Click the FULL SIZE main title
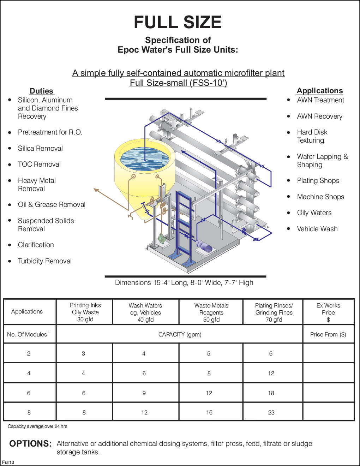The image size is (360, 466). (x=178, y=22)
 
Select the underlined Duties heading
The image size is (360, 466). (x=41, y=91)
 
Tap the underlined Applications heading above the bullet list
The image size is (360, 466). (x=320, y=90)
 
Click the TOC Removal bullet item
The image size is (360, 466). (x=39, y=164)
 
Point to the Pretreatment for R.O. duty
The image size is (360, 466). (x=50, y=132)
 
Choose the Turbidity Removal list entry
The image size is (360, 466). (x=45, y=261)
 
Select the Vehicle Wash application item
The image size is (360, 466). (x=317, y=229)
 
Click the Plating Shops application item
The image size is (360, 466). (x=318, y=180)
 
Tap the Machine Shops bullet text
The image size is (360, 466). (x=320, y=197)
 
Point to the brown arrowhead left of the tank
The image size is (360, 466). (x=96, y=191)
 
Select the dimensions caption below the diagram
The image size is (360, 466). (x=184, y=282)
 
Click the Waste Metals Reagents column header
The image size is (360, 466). (x=211, y=312)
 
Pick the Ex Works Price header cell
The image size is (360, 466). (x=328, y=312)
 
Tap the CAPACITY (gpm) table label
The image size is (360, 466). (x=180, y=334)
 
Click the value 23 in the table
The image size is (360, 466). (x=271, y=412)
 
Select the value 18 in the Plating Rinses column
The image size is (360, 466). (x=271, y=393)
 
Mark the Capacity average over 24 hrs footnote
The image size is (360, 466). (x=37, y=426)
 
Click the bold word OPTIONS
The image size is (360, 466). (x=30, y=444)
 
